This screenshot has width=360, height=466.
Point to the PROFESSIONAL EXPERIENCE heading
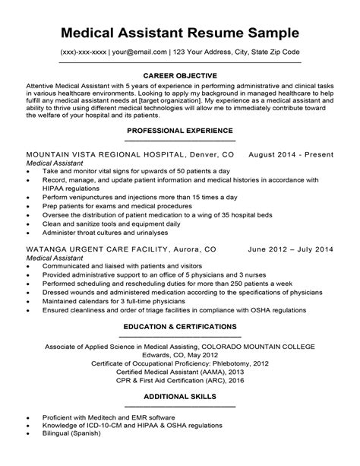point(180,131)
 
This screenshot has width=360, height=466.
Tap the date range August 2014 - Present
point(291,154)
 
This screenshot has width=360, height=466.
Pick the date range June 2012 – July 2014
point(291,249)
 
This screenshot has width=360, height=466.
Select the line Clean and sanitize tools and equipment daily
point(112,224)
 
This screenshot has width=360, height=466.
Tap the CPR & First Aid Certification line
point(180,382)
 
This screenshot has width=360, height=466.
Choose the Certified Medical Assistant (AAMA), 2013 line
point(180,372)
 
